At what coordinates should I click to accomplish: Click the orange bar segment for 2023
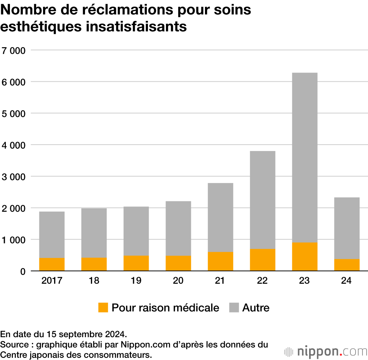point(304,257)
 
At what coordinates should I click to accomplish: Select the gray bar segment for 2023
point(304,158)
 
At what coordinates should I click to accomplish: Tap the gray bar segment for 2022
point(262,200)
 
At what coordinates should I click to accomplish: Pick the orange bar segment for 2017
point(52,264)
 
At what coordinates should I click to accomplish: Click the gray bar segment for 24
point(347,228)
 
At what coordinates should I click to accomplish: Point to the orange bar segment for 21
point(220,261)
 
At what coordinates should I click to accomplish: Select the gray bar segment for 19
point(136,231)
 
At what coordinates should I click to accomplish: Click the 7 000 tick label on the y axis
point(13,50)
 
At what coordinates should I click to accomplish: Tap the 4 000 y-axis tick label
point(13,145)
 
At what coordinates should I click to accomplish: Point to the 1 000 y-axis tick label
point(13,240)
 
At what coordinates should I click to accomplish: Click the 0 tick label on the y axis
point(23,272)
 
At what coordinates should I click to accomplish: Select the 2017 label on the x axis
point(52,281)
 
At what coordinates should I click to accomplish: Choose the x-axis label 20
point(178,281)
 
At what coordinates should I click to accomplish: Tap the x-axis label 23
point(304,281)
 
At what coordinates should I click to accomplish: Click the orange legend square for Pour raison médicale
point(103,308)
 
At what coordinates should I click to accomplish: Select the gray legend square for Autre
point(234,308)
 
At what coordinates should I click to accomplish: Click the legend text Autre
point(256,308)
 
